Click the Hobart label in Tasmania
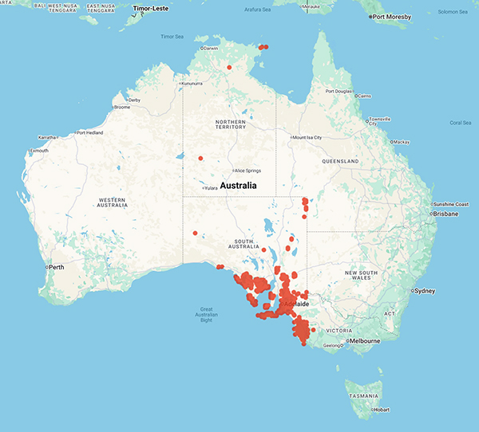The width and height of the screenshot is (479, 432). (382, 410)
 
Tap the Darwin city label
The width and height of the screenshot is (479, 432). (211, 49)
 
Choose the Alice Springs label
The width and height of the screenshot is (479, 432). (247, 171)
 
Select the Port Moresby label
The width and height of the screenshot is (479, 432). (393, 16)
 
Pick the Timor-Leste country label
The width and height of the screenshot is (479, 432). (152, 8)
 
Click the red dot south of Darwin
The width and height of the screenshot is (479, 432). (229, 67)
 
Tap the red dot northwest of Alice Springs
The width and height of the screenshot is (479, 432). (201, 158)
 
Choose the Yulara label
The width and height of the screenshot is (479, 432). (211, 188)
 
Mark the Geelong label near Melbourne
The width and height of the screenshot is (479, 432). (331, 347)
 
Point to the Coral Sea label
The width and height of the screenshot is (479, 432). (461, 123)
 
